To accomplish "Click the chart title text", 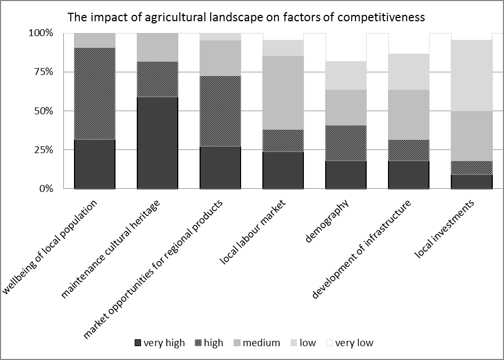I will coord(245,17).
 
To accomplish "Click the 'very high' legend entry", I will coord(160,343).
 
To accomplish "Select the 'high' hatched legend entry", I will coord(209,343).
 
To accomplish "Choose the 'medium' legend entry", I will coord(256,343).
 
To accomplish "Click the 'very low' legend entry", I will coord(350,343).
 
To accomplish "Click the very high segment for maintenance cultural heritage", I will coord(158,143).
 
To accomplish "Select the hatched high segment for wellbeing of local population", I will coord(95,94).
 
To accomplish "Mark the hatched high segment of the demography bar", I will coord(346,143).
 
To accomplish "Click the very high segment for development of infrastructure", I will coord(409,174).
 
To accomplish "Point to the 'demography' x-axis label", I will coord(328,221).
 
